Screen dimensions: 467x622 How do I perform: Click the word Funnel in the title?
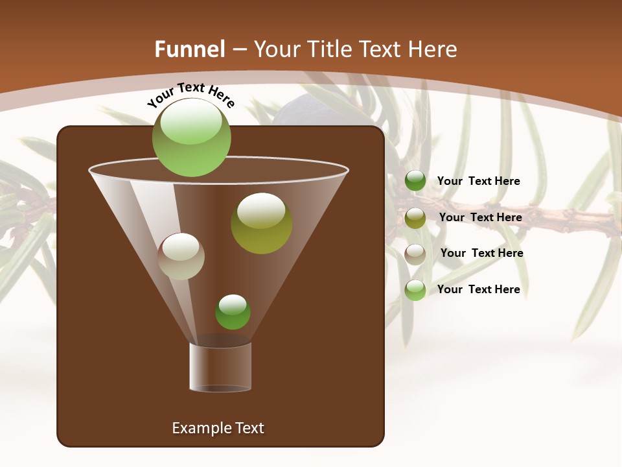click(190, 49)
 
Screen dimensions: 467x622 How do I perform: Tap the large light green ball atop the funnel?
click(192, 137)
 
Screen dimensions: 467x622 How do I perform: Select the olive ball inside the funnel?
click(261, 223)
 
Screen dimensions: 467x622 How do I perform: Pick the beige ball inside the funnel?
click(181, 256)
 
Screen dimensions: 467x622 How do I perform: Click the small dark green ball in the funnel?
click(233, 312)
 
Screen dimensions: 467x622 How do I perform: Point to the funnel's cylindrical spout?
click(220, 366)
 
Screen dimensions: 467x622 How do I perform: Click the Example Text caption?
click(218, 428)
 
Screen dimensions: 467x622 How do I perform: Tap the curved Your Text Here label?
click(191, 95)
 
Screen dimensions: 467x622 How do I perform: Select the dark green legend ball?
click(415, 181)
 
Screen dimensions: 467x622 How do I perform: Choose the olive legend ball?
click(415, 218)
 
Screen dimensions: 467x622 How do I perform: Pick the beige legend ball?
click(415, 254)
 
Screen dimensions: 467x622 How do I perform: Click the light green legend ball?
click(415, 290)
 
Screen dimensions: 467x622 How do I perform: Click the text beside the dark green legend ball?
click(478, 182)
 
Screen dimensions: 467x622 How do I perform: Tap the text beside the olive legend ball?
click(480, 218)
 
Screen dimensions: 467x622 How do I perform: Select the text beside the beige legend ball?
click(481, 254)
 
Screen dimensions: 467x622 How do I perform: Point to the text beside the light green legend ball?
click(478, 290)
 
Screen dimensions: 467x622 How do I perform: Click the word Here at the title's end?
click(434, 49)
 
